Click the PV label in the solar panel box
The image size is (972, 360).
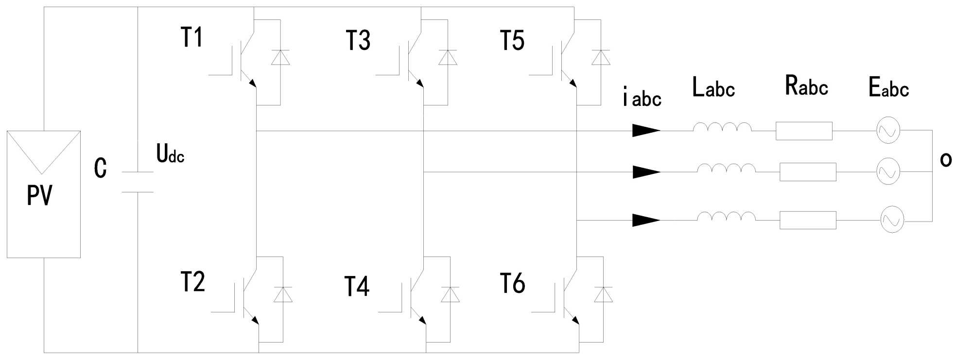pyautogui.click(x=39, y=196)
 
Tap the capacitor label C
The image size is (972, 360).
pyautogui.click(x=100, y=168)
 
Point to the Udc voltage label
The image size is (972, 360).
pyautogui.click(x=170, y=154)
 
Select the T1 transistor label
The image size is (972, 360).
pyautogui.click(x=191, y=37)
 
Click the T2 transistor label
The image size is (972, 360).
pyautogui.click(x=192, y=282)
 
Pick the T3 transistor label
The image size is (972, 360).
pyautogui.click(x=358, y=40)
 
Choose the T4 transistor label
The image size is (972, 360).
pyautogui.click(x=357, y=286)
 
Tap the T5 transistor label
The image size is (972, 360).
pyautogui.click(x=512, y=40)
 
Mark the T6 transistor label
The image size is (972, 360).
pyautogui.click(x=512, y=283)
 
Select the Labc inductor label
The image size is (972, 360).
pyautogui.click(x=713, y=88)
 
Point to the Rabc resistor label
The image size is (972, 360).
pyautogui.click(x=806, y=86)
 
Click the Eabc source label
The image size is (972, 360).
pyautogui.click(x=888, y=88)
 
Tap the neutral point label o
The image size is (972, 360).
pyautogui.click(x=946, y=160)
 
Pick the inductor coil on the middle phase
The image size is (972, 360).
pyautogui.click(x=726, y=168)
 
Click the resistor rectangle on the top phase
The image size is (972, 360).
pyautogui.click(x=804, y=131)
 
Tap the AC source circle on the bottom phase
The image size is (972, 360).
pyautogui.click(x=892, y=220)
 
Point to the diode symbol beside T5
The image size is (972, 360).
pyautogui.click(x=601, y=57)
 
